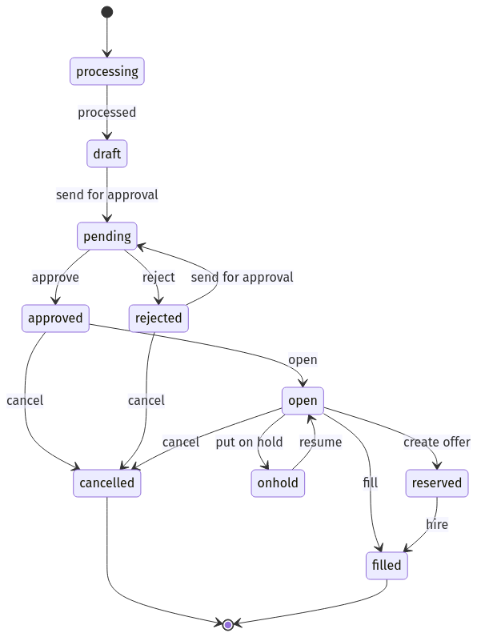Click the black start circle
pyautogui.click(x=107, y=12)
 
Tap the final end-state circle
pyautogui.click(x=228, y=624)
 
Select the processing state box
pyautogui.click(x=107, y=71)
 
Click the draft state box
pyautogui.click(x=107, y=154)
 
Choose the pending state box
pyautogui.click(x=107, y=236)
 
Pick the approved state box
pyautogui.click(x=55, y=318)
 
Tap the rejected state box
pyautogui.click(x=158, y=318)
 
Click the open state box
pyautogui.click(x=303, y=401)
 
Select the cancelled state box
pyautogui.click(x=107, y=483)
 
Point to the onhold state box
pyautogui.click(x=278, y=483)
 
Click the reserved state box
pyautogui.click(x=437, y=483)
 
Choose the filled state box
pyautogui.click(x=387, y=566)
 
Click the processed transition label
pyautogui.click(x=107, y=113)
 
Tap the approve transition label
pyautogui.click(x=55, y=278)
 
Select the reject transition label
pyautogui.click(x=158, y=278)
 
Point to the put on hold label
pyautogui.click(x=249, y=442)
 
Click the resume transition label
pyautogui.click(x=321, y=442)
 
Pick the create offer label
pyautogui.click(x=437, y=442)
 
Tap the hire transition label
pyautogui.click(x=437, y=524)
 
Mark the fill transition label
pyautogui.click(x=370, y=483)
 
